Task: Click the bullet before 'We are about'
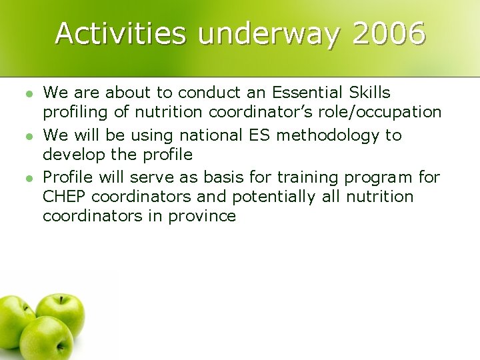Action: [27, 92]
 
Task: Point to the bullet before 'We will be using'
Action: [27, 135]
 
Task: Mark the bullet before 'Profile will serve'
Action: [27, 177]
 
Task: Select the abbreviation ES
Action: [259, 135]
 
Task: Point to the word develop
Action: [71, 155]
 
